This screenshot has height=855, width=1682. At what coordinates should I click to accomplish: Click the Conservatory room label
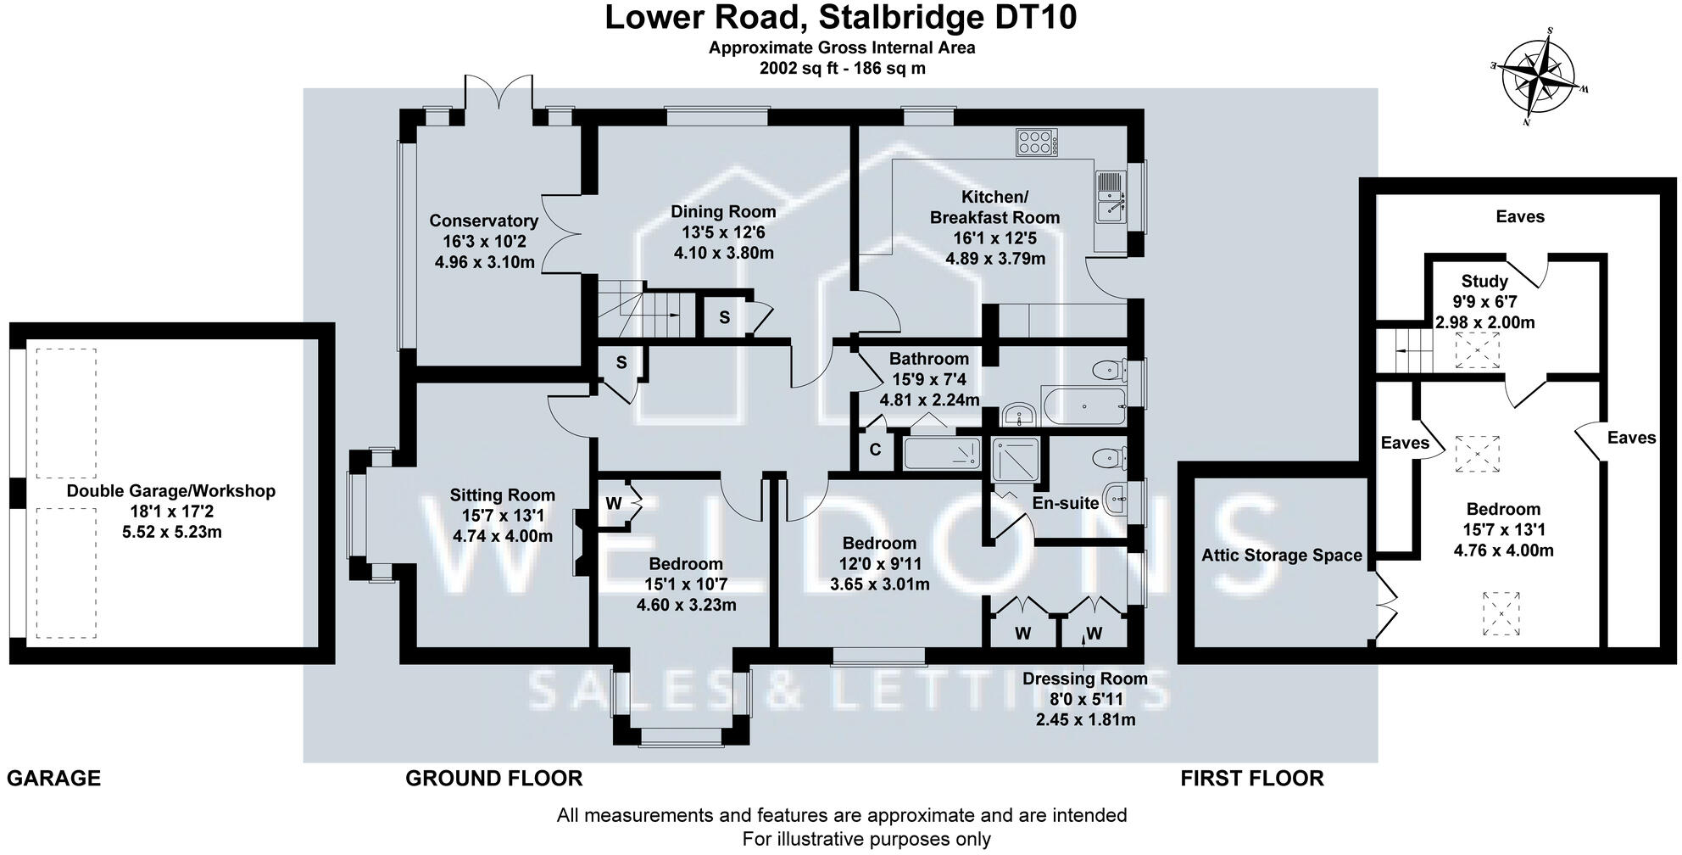click(483, 221)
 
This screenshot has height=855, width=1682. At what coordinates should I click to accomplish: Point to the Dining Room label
click(723, 211)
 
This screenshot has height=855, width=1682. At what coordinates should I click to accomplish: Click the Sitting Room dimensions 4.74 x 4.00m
click(502, 536)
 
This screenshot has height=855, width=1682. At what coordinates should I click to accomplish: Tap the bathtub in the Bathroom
click(1083, 406)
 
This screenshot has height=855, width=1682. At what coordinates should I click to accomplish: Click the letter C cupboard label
click(875, 450)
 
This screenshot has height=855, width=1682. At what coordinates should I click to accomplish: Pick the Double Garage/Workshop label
click(171, 490)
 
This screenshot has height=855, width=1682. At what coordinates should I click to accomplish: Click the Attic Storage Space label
click(1281, 556)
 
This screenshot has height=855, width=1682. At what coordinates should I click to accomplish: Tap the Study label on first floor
click(1484, 281)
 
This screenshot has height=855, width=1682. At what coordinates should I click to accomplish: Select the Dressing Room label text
click(1084, 679)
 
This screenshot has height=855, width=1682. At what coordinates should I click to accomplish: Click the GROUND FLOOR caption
click(493, 778)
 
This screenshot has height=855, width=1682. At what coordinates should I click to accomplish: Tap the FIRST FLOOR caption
click(1251, 778)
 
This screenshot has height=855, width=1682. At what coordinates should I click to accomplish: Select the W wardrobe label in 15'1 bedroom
click(613, 503)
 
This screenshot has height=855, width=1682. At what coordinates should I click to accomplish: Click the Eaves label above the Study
click(1519, 216)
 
